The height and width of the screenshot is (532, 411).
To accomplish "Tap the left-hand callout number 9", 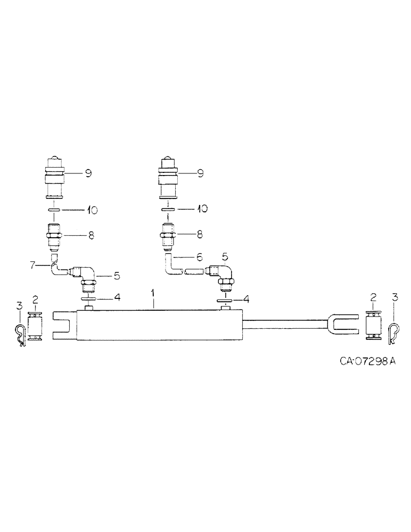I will pos(89,173).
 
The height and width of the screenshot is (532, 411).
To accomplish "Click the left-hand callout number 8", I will pos(92,235).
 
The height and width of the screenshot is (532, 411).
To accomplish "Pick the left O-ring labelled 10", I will pos(55,211).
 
